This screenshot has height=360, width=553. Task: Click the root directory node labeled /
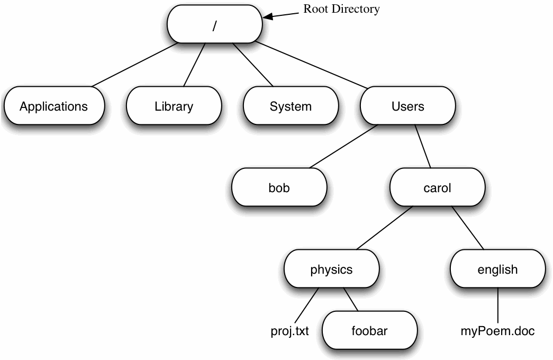click(x=214, y=25)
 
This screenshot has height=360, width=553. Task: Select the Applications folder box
click(x=53, y=106)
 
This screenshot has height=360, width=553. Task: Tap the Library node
click(x=174, y=106)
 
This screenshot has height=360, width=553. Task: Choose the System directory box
click(x=291, y=106)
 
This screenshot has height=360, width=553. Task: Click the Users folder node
click(x=407, y=106)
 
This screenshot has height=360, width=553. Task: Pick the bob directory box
click(x=279, y=188)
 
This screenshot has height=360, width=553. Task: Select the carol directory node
click(x=437, y=188)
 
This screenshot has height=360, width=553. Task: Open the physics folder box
click(x=331, y=269)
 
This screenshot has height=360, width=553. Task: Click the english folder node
click(x=497, y=269)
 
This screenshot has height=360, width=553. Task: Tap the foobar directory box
click(x=369, y=331)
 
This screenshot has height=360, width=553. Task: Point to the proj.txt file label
click(x=289, y=332)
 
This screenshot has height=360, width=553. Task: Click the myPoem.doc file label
click(x=497, y=332)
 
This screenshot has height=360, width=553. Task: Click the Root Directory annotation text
click(x=341, y=9)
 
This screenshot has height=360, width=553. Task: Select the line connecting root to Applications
click(x=134, y=65)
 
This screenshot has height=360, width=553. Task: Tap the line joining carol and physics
click(x=385, y=228)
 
